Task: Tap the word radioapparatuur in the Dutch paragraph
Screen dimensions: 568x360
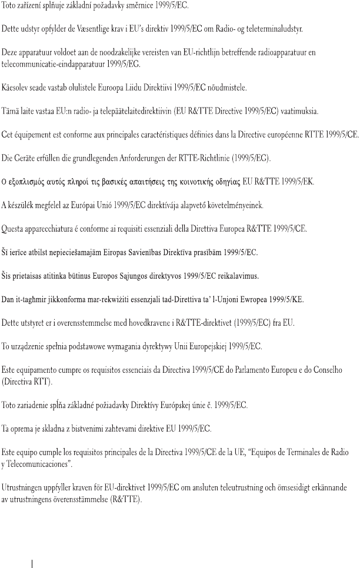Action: [x=279, y=52]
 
